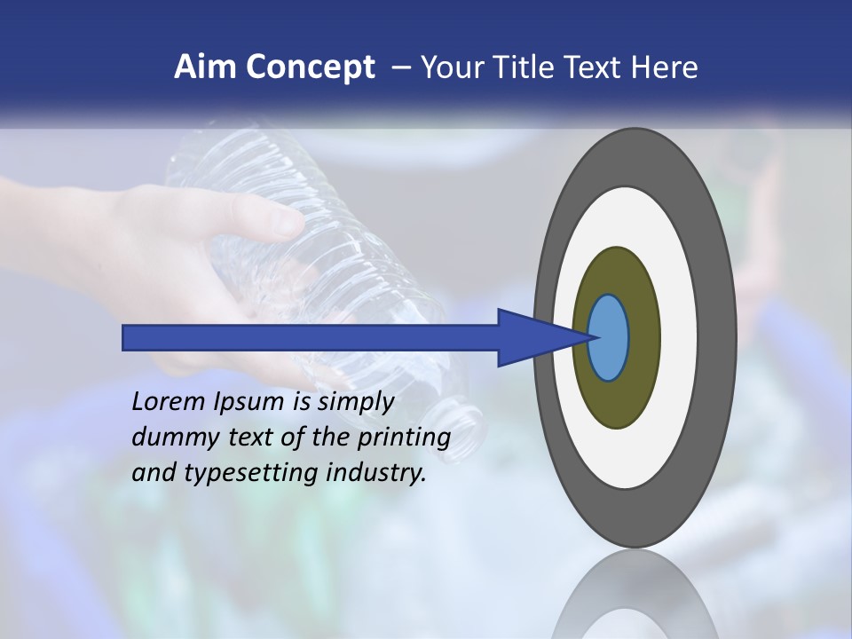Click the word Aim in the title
[205, 67]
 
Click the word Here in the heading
[665, 67]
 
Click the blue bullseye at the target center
[609, 338]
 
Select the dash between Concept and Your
[399, 67]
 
